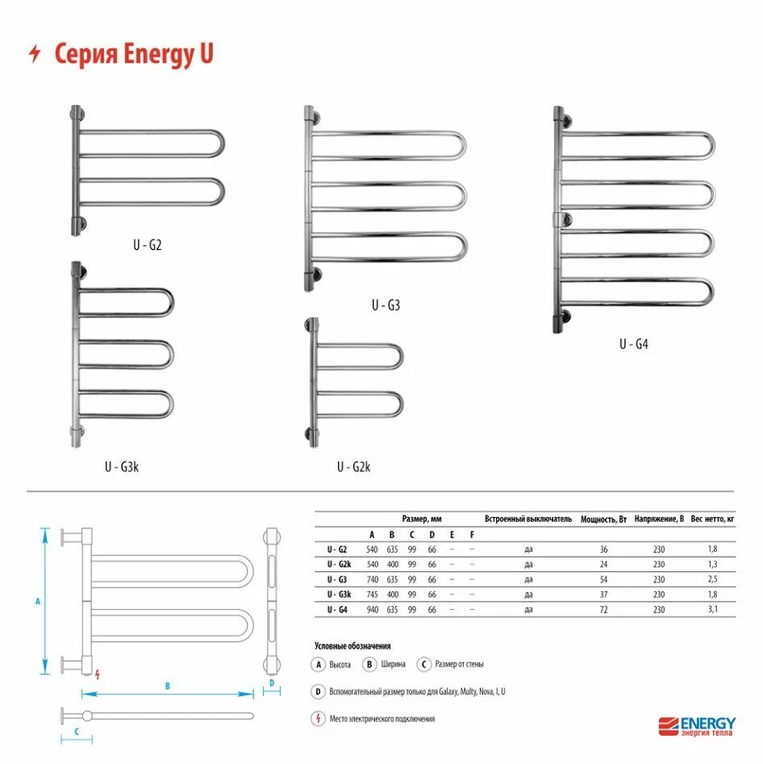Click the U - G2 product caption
click(x=147, y=244)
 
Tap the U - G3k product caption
click(x=122, y=467)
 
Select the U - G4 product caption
click(x=634, y=344)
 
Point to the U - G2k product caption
click(x=354, y=467)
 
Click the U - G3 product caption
click(x=386, y=305)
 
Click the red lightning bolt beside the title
click(x=35, y=53)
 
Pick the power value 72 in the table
click(x=603, y=610)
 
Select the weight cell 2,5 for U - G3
click(x=712, y=579)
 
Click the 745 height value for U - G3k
click(x=373, y=595)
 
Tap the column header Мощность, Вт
click(x=603, y=520)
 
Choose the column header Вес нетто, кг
click(x=712, y=519)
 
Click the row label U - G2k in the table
click(x=339, y=564)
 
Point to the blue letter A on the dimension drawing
click(x=38, y=601)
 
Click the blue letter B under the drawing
click(x=167, y=686)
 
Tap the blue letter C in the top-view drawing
click(x=77, y=732)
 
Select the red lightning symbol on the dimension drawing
click(x=98, y=674)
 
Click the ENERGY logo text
click(x=708, y=723)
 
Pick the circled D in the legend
click(x=318, y=691)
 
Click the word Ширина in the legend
click(x=393, y=664)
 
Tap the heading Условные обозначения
click(x=352, y=646)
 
